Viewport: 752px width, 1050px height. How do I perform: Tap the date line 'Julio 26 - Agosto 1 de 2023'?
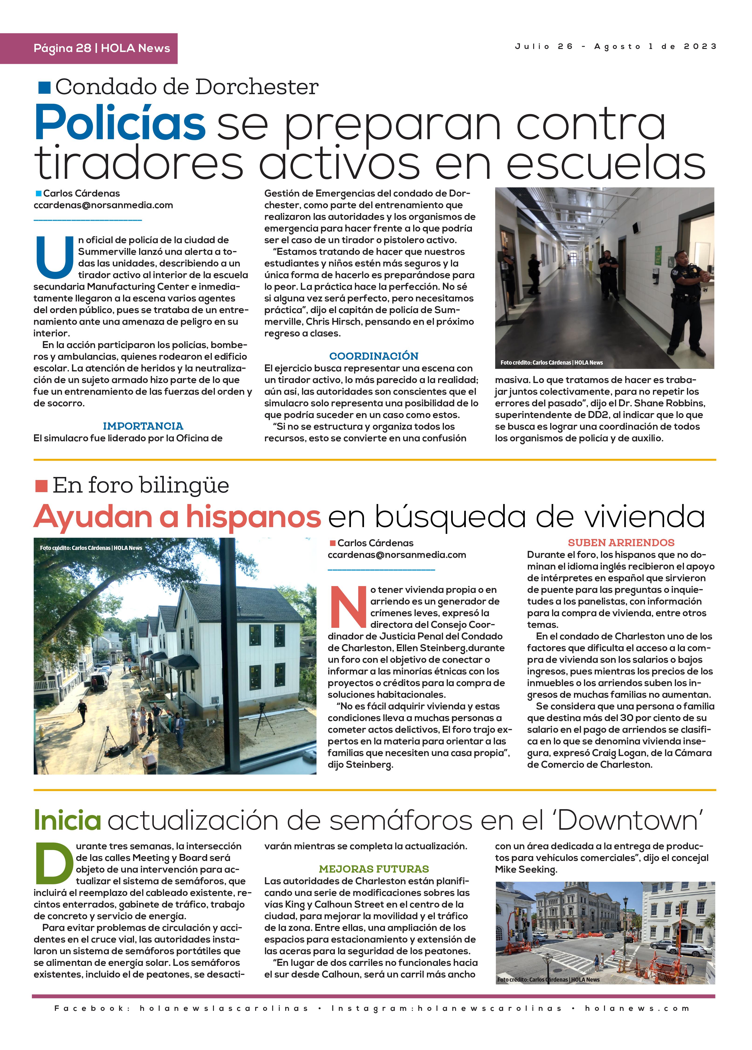[x=615, y=46]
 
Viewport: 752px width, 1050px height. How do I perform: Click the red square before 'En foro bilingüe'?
[x=41, y=486]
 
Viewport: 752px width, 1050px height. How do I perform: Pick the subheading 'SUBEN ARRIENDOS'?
[x=621, y=542]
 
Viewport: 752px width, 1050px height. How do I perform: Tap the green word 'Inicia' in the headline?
[x=68, y=820]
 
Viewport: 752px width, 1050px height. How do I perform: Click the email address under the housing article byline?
[x=397, y=555]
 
